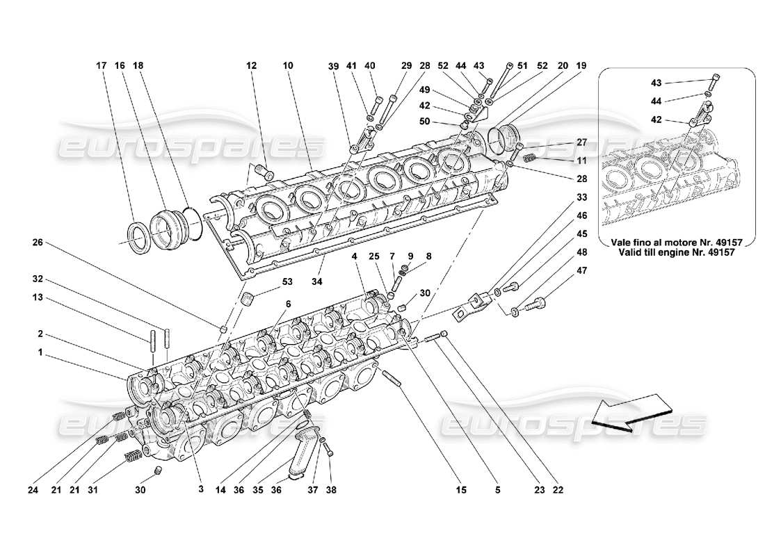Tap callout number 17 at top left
pyautogui.click(x=101, y=65)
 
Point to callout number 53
pyautogui.click(x=268, y=282)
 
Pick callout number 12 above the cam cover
pyautogui.click(x=251, y=65)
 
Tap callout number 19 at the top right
pyautogui.click(x=581, y=65)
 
